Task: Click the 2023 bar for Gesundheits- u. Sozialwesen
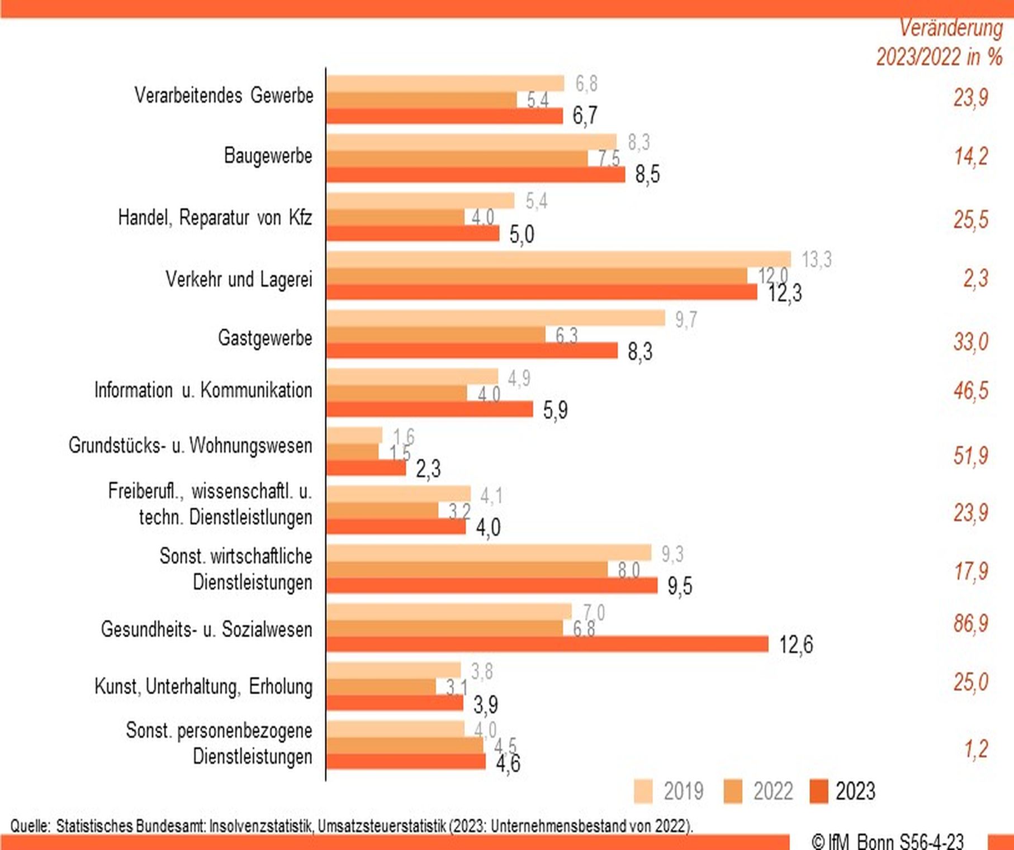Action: pyautogui.click(x=548, y=644)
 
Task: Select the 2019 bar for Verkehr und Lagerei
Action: pyautogui.click(x=559, y=260)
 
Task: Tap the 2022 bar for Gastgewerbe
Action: pyautogui.click(x=436, y=335)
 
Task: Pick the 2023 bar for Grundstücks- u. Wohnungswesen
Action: pyautogui.click(x=366, y=468)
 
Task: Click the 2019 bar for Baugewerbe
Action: pyautogui.click(x=471, y=142)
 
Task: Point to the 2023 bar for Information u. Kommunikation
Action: pyautogui.click(x=430, y=409)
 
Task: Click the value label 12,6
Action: pyautogui.click(x=796, y=645)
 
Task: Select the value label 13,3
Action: pyautogui.click(x=817, y=260)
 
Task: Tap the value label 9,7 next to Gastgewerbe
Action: pyautogui.click(x=686, y=319)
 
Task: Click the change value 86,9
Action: pyautogui.click(x=971, y=623)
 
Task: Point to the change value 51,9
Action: pyautogui.click(x=971, y=456)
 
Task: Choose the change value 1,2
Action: pyautogui.click(x=976, y=749)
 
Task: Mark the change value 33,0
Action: pyautogui.click(x=971, y=341)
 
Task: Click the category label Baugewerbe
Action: pyautogui.click(x=268, y=156)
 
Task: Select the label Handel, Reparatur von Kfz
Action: pyautogui.click(x=215, y=217)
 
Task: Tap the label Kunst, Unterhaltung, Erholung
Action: pyautogui.click(x=203, y=686)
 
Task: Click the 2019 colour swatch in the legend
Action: pyautogui.click(x=643, y=791)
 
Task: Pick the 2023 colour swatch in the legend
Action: pyautogui.click(x=818, y=791)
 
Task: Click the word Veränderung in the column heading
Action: pyautogui.click(x=951, y=28)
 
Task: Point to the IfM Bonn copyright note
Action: pyautogui.click(x=888, y=841)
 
